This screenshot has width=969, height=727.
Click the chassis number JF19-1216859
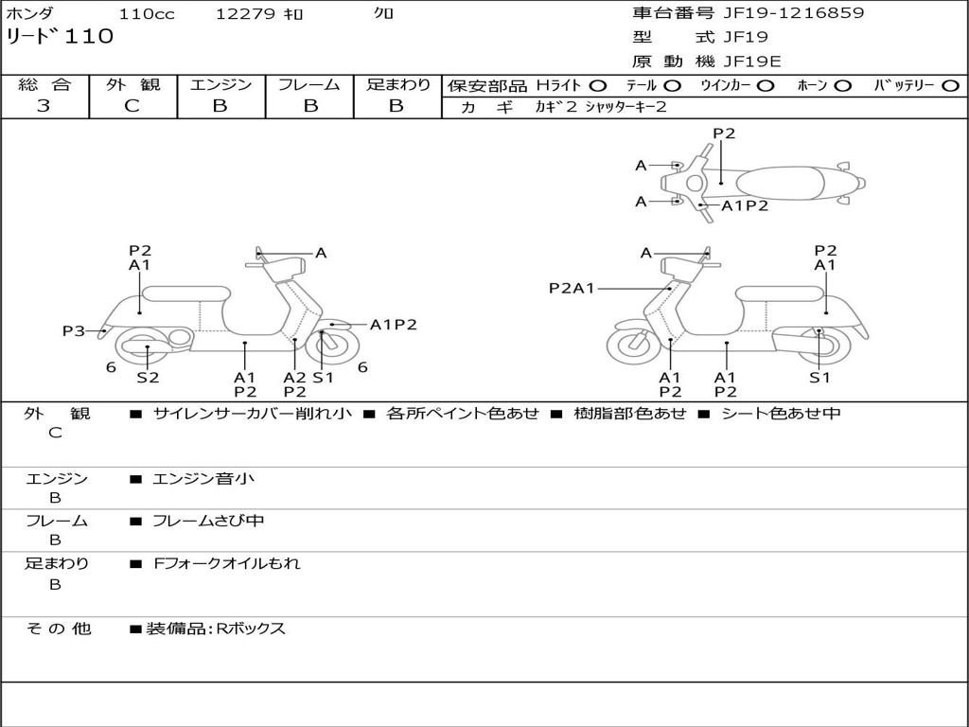(794, 13)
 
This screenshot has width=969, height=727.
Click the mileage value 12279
(245, 13)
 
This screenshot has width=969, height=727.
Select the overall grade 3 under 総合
(44, 106)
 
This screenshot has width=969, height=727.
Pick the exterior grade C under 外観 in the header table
(132, 106)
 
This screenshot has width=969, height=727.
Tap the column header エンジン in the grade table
(220, 84)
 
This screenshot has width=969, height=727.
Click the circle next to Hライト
(598, 86)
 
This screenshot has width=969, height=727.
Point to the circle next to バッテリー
(950, 86)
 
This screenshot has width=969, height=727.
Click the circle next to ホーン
(842, 86)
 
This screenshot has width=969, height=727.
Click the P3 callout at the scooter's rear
(73, 331)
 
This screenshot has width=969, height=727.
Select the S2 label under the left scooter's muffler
(148, 377)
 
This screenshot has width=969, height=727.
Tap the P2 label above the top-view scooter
(724, 133)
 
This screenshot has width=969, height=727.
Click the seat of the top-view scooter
(781, 184)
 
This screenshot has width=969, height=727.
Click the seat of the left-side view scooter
(186, 293)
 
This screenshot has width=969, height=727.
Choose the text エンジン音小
(203, 478)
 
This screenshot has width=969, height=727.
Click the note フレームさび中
(208, 522)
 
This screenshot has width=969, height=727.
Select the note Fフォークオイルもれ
(227, 564)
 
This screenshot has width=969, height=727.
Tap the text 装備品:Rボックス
(216, 629)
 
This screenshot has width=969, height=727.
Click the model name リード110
(60, 37)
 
